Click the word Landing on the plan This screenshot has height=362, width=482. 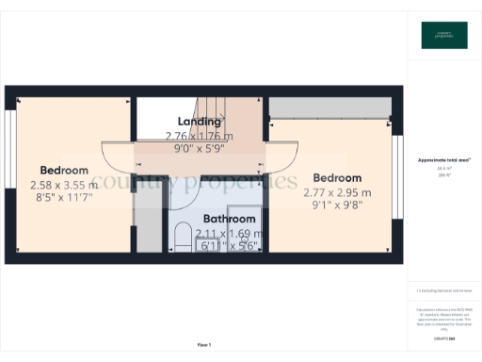pos(200,122)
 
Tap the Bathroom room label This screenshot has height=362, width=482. pos(229,220)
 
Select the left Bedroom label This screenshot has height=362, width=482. pos(64,171)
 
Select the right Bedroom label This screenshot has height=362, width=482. pos(337,178)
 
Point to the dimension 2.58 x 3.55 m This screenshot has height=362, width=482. pos(64,185)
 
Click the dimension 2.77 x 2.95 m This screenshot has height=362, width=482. pos(337,192)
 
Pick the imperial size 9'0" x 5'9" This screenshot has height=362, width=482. pos(200,148)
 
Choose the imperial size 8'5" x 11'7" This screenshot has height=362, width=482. pos(64,199)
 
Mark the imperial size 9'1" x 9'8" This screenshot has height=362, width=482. pos(337,206)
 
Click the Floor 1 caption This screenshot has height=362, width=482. pos(204,344)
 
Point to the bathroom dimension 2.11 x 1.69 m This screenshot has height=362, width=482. pos(227,233)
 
